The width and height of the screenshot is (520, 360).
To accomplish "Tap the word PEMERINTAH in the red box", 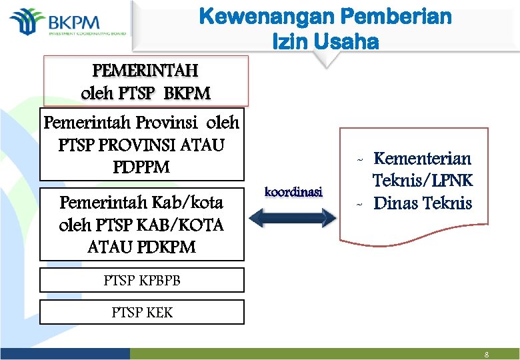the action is pos(145,69).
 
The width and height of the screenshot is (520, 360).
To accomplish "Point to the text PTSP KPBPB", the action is pos(141,281).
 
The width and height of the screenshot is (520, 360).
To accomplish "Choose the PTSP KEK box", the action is pos(141,312).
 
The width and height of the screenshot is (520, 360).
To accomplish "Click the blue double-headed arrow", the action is pos(294,218).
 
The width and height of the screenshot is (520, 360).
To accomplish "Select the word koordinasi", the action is pos(293,192).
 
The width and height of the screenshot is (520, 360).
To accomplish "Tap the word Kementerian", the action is pos(422,159).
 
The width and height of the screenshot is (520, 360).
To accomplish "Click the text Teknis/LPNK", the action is pos(422,181).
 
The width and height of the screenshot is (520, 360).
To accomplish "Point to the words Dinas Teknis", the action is pos(423,203).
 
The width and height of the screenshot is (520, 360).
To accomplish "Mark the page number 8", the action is pos(487,355).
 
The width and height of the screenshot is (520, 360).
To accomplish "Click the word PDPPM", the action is pos(141,166).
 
